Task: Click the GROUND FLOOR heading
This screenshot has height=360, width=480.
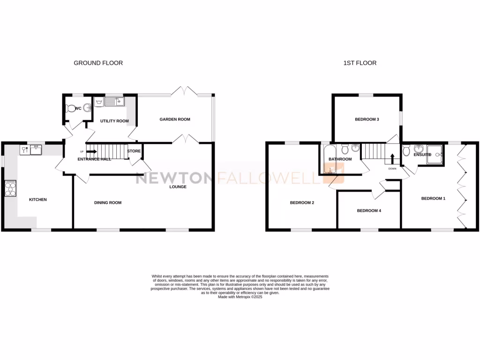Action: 98,63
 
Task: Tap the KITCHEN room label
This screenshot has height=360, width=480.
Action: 38,200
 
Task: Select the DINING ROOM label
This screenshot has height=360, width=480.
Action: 108,202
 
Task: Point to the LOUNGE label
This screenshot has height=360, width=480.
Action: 178,187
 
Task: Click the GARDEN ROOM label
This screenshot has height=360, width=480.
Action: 175,119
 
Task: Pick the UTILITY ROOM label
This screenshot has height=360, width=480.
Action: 114,121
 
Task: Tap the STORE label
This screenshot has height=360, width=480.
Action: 134,151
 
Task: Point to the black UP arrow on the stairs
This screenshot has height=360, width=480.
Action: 91,151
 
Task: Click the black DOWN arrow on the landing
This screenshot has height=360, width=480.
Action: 392,157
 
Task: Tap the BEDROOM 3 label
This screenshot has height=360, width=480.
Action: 367,120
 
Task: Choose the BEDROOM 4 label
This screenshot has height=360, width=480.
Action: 369,210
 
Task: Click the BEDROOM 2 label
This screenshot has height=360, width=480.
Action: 301,202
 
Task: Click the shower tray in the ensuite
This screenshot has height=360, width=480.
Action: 435,154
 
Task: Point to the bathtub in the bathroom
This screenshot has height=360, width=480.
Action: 330,159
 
